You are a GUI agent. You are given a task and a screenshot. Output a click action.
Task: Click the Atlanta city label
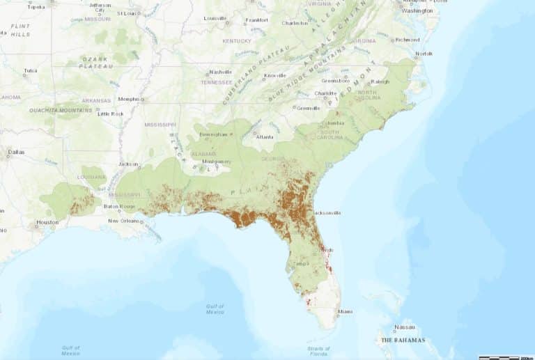point(265,137)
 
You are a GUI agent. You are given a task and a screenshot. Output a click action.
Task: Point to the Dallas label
point(15,151)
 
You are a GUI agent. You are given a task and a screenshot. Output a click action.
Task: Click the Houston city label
point(47,222)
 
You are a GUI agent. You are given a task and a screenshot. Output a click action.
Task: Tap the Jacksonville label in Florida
point(326,212)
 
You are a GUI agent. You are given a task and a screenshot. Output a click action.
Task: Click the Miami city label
point(343,311)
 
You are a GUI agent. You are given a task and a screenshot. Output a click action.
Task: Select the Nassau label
point(404,327)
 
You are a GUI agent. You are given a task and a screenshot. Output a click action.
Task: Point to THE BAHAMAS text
point(403,341)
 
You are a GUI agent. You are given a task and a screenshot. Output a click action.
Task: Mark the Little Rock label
point(110,114)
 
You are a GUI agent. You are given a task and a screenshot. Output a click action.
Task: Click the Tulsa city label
point(30,70)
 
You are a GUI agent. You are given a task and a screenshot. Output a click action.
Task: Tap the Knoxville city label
point(275,75)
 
